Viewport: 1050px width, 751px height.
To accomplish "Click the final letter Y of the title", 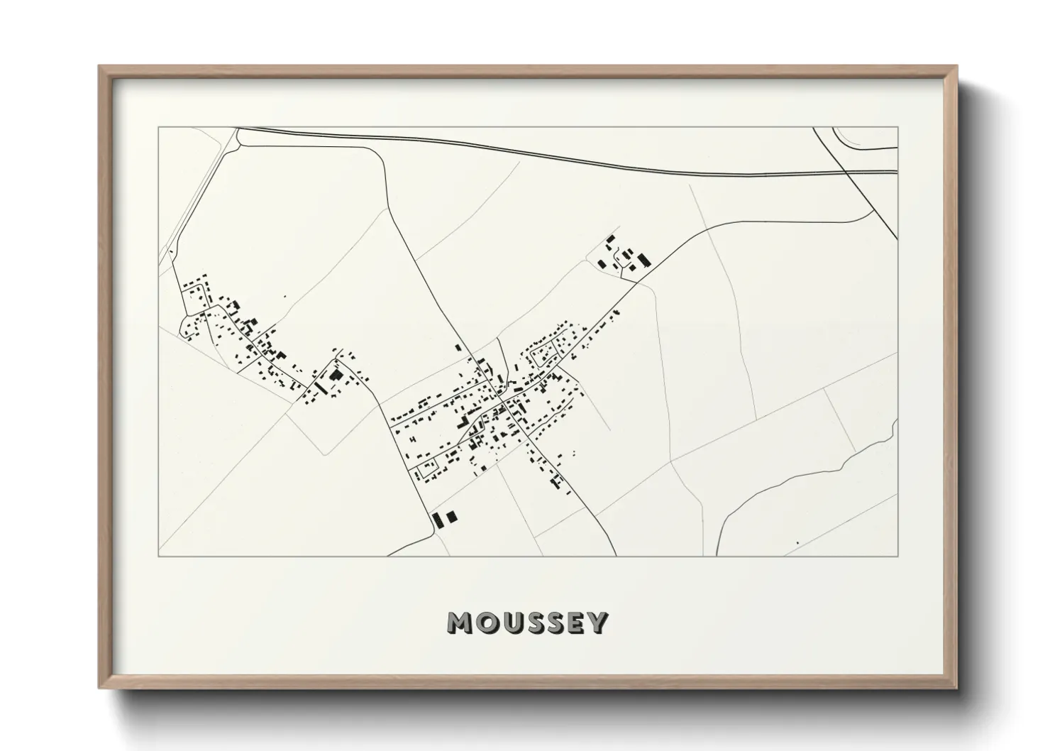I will [598, 623].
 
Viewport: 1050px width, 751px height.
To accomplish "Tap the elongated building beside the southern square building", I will [438, 520].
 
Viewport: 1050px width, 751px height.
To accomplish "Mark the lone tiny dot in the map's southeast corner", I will [797, 543].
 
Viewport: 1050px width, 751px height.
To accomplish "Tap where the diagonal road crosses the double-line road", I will [849, 172].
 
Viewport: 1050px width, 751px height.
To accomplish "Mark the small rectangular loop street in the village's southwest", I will [427, 468].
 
